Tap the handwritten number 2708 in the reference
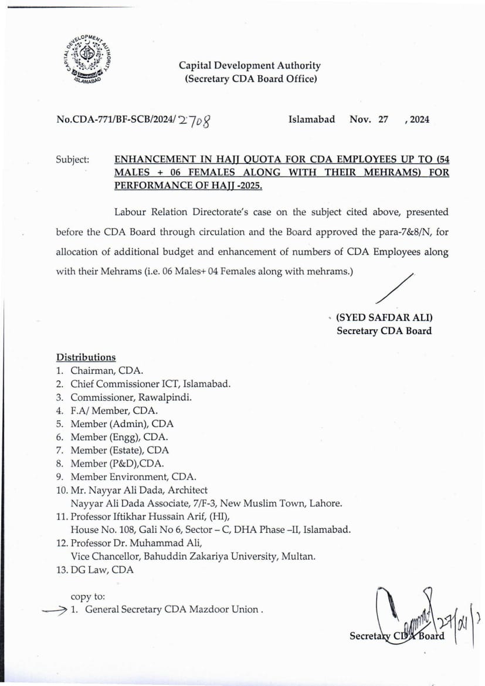click(195, 120)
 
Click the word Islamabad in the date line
click(311, 119)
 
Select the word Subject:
click(73, 159)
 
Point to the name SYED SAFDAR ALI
click(384, 317)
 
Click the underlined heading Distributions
click(86, 357)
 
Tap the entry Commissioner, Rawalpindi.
click(131, 397)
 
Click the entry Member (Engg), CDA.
click(119, 437)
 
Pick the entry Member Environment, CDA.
click(133, 477)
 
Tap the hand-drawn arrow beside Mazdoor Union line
click(55, 610)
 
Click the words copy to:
click(88, 596)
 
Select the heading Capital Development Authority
click(250, 66)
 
